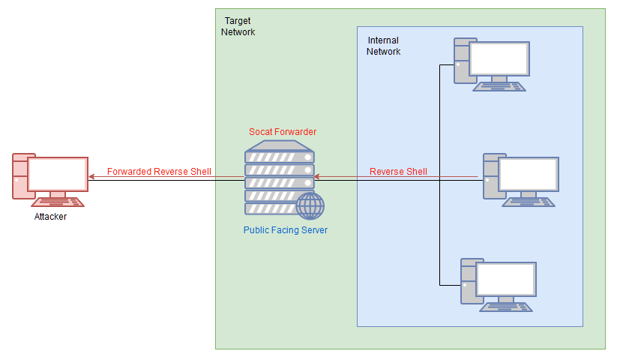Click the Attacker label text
(x=50, y=217)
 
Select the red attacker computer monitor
(x=57, y=174)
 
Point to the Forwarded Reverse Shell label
(x=159, y=172)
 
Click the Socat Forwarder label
(x=283, y=132)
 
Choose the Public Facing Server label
(x=285, y=230)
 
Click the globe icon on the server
(x=310, y=205)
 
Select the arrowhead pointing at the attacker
(x=91, y=178)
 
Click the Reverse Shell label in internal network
(x=398, y=172)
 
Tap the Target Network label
(x=238, y=26)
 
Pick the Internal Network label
(x=383, y=46)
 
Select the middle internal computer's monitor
(x=529, y=174)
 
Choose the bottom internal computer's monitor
(x=506, y=279)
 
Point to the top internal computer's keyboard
(x=500, y=85)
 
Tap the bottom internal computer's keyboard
(x=508, y=306)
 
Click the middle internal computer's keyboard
(x=529, y=201)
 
